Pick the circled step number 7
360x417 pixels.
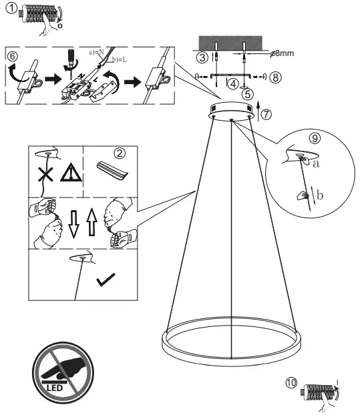point(267,113)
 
